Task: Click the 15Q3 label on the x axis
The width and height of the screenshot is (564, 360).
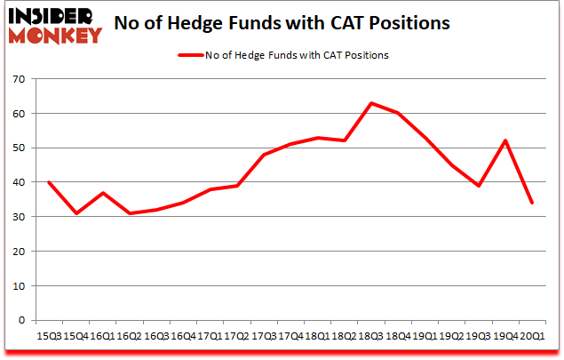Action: [48, 336]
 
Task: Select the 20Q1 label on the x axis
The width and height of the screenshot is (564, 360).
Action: [531, 336]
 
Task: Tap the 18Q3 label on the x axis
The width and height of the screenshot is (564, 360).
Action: [370, 336]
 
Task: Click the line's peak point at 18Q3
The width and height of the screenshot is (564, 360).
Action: [370, 103]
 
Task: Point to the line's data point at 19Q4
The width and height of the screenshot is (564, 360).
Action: [504, 140]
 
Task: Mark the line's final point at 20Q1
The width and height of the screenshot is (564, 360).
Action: [531, 203]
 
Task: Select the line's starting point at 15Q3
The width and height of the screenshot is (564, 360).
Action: [48, 182]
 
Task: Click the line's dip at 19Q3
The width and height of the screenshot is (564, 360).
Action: [478, 186]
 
